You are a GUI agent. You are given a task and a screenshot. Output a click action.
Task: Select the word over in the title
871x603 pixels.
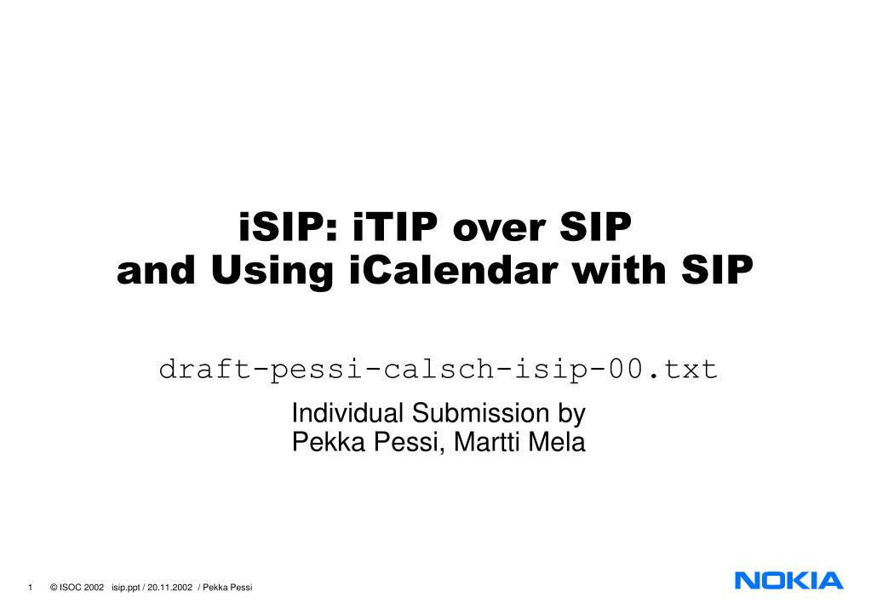point(499,229)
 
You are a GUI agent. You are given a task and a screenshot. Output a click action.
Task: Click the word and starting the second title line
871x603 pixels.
point(156,270)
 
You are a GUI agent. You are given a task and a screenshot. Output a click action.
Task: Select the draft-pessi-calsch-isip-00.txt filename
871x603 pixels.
point(438,370)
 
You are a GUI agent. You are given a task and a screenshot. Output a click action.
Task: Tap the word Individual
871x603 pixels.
point(347,413)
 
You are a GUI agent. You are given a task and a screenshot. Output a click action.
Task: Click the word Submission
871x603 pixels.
point(480,413)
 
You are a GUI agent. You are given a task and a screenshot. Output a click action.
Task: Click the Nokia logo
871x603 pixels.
point(788,581)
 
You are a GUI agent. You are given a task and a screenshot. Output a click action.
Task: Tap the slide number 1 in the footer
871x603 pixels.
point(30,588)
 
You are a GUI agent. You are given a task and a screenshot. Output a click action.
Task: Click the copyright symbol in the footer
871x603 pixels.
point(54,588)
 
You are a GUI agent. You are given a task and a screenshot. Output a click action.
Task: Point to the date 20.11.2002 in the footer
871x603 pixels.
point(169,588)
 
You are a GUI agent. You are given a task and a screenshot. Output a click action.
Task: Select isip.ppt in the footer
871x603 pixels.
point(125,588)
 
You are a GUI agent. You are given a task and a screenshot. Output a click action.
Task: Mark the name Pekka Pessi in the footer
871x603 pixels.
point(227,588)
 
